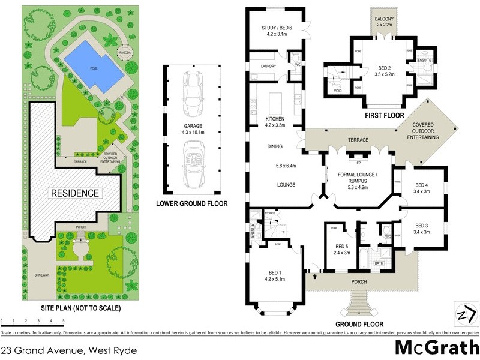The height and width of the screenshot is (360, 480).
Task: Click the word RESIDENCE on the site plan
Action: [x=74, y=193]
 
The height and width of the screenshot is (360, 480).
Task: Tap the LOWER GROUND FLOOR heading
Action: [x=191, y=204]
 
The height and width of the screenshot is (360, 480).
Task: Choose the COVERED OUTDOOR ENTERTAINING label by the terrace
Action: [x=425, y=131]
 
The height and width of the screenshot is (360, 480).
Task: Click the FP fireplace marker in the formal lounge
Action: [x=358, y=163]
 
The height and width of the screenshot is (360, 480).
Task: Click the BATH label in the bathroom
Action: [x=379, y=263]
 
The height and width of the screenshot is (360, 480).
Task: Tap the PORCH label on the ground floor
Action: [x=359, y=281]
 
